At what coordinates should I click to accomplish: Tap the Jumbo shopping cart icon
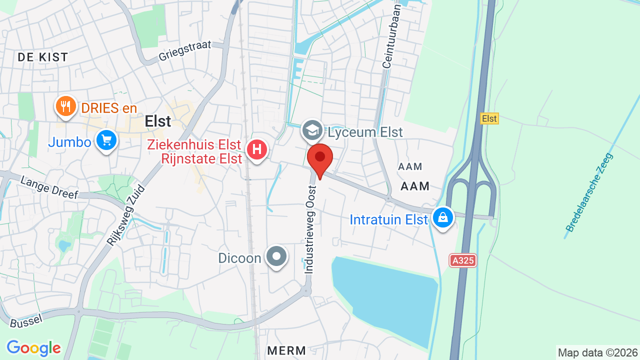106,140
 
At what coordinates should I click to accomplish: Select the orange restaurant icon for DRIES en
65,106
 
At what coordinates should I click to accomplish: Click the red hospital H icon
257,149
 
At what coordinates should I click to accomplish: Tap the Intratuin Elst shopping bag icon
442,217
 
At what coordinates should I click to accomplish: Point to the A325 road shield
462,260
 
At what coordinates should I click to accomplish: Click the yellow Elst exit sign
489,118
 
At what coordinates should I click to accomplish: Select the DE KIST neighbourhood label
43,57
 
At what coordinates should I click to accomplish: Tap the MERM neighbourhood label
286,350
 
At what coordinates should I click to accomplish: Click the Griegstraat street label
185,50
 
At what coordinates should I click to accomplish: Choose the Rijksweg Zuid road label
125,215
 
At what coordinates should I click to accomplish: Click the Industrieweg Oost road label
310,229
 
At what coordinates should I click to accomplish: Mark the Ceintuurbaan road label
391,36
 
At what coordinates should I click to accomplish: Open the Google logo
33,348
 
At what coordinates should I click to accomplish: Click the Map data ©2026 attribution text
598,352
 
